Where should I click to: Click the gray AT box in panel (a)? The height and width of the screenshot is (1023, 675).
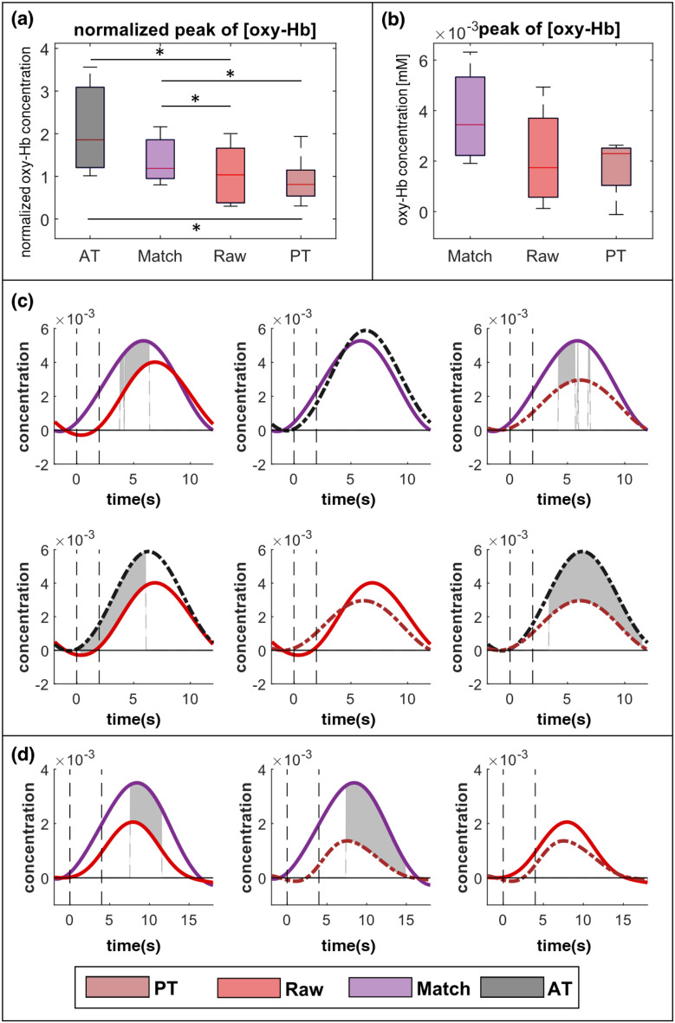(90, 126)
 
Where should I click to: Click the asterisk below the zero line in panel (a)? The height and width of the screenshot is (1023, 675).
(196, 229)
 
